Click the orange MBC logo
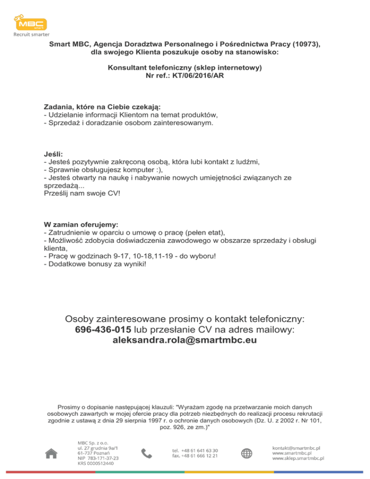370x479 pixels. [x=30, y=24]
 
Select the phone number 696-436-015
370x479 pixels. [x=103, y=330]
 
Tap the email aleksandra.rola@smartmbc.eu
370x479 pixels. [x=185, y=340]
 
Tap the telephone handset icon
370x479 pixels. [x=146, y=453]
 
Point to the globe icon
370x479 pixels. [x=247, y=453]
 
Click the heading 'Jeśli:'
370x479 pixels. [x=53, y=154]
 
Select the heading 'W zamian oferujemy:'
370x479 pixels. [x=80, y=225]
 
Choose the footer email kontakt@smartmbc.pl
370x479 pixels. [x=297, y=448]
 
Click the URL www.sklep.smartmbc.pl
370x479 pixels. [x=298, y=458]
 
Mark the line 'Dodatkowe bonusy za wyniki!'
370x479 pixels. [x=94, y=264]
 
